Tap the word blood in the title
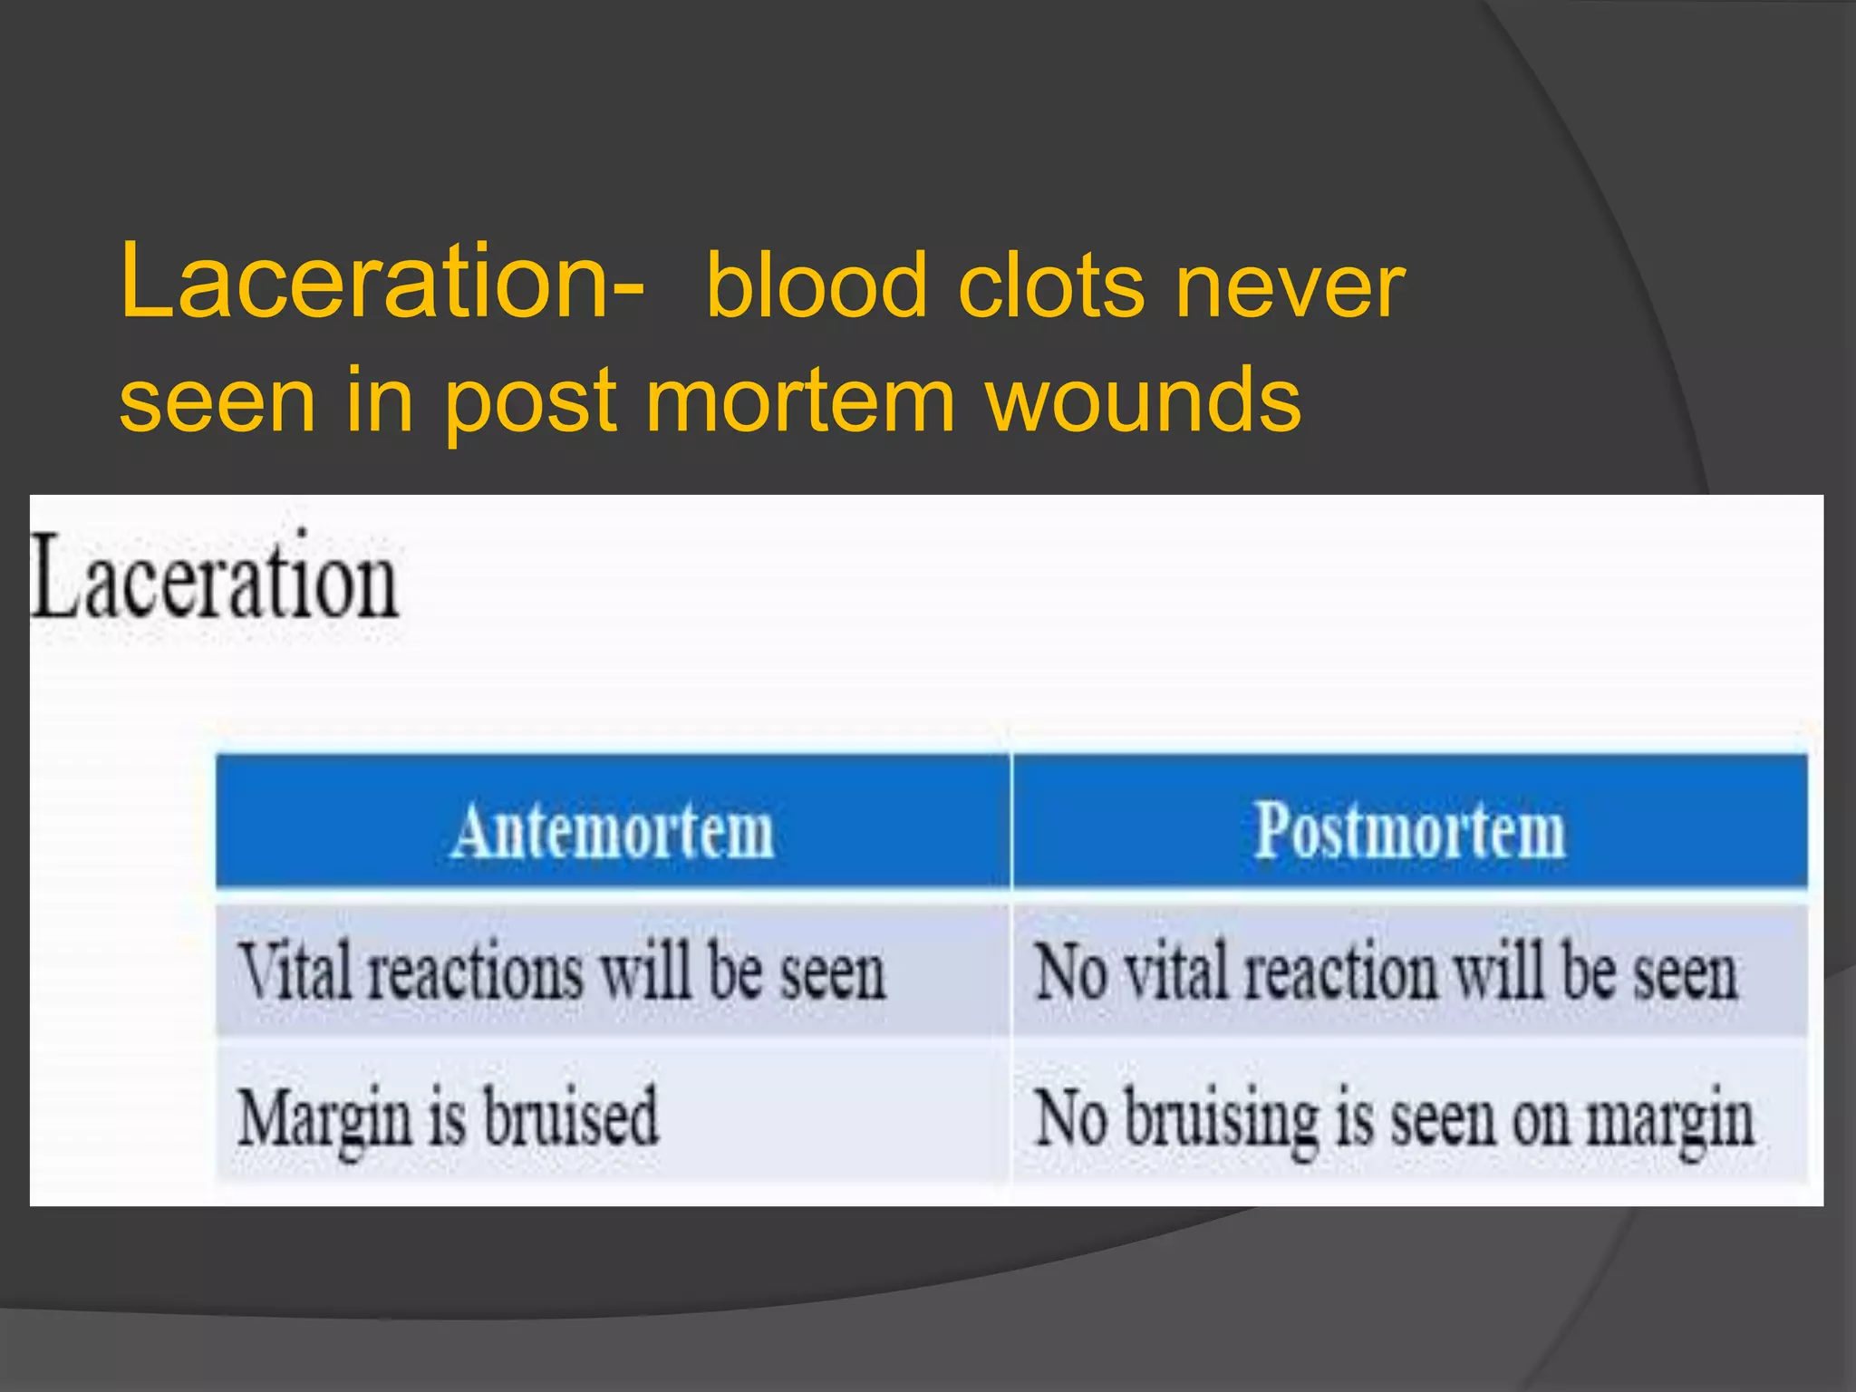point(817,287)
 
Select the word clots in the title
point(1051,287)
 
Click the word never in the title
point(1289,289)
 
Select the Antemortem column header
point(614,830)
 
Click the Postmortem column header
point(1409,830)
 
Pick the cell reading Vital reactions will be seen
point(562,972)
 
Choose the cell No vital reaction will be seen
point(1387,972)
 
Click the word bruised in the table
point(571,1116)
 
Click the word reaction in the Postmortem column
point(1340,972)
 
